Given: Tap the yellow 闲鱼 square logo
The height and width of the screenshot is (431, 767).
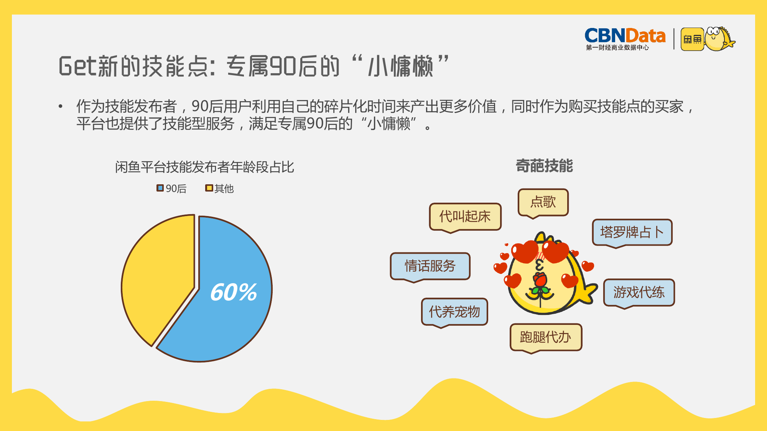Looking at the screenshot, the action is click(x=692, y=39).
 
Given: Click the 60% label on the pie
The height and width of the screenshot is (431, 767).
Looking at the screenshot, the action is click(x=234, y=292).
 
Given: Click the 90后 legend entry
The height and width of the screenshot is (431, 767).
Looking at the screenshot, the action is click(x=171, y=188).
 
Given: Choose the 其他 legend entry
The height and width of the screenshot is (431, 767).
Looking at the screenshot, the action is click(x=219, y=188).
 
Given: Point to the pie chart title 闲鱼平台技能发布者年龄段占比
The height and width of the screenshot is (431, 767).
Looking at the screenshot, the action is click(x=204, y=167).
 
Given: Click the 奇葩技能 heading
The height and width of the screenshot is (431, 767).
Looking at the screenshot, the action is click(x=544, y=166).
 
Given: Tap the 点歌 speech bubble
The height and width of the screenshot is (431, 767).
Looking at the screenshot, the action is click(x=543, y=202).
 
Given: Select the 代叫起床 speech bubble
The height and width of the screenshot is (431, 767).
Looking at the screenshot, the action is click(x=465, y=217).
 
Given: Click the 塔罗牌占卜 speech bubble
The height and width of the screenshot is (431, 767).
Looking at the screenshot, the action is click(x=632, y=233).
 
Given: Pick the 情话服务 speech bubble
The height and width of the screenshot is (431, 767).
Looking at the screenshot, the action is click(x=430, y=266).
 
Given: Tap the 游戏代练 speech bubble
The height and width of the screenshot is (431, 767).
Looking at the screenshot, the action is click(x=639, y=293).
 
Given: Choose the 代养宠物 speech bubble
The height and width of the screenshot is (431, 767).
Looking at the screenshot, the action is click(x=454, y=312).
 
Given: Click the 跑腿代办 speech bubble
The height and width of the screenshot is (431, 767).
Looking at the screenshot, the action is click(x=546, y=338).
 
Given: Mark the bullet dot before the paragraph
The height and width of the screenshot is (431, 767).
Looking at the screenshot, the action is click(x=61, y=106).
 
